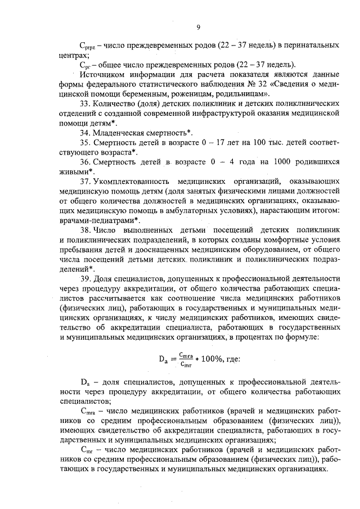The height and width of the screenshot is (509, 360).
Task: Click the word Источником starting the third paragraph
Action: [x=102, y=75]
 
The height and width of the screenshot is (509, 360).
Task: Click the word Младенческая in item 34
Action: [x=121, y=133]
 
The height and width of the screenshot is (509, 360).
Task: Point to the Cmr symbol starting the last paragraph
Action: [x=87, y=450]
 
